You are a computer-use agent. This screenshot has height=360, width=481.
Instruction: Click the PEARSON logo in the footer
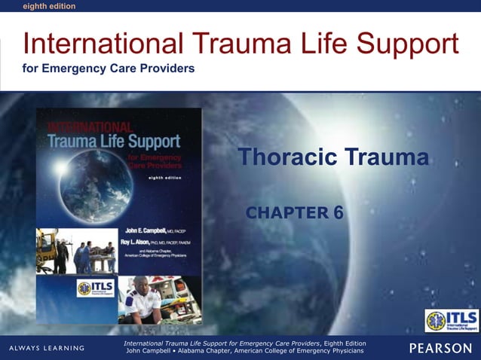[x=440, y=347]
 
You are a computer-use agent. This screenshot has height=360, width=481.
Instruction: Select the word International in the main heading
[x=98, y=44]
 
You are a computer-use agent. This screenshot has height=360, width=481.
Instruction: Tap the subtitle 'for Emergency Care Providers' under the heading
[x=109, y=69]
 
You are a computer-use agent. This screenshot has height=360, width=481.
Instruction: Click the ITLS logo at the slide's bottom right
[x=451, y=320]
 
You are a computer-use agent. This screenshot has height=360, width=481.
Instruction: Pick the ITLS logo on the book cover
[x=94, y=288]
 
